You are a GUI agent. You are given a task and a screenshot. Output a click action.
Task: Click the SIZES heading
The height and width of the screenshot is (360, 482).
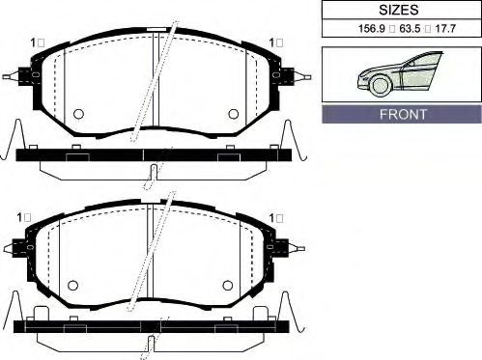tap(399, 10)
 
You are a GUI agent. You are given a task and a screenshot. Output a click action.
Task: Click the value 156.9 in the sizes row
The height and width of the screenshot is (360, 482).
tap(372, 29)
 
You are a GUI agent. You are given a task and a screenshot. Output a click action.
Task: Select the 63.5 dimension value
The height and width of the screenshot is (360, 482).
tap(410, 29)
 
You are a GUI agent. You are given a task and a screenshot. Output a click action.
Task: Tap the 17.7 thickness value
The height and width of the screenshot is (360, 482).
tap(445, 29)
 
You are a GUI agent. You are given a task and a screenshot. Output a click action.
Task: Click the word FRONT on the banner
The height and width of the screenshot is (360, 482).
tap(403, 114)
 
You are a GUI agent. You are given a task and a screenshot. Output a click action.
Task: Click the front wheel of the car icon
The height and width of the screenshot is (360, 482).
tap(381, 85)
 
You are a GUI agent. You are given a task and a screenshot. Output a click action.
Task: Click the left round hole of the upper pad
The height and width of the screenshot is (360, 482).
tap(78, 114)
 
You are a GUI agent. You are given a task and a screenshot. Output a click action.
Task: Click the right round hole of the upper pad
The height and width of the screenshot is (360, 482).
tap(234, 114)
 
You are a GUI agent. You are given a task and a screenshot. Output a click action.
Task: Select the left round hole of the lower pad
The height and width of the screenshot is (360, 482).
tap(73, 286)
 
